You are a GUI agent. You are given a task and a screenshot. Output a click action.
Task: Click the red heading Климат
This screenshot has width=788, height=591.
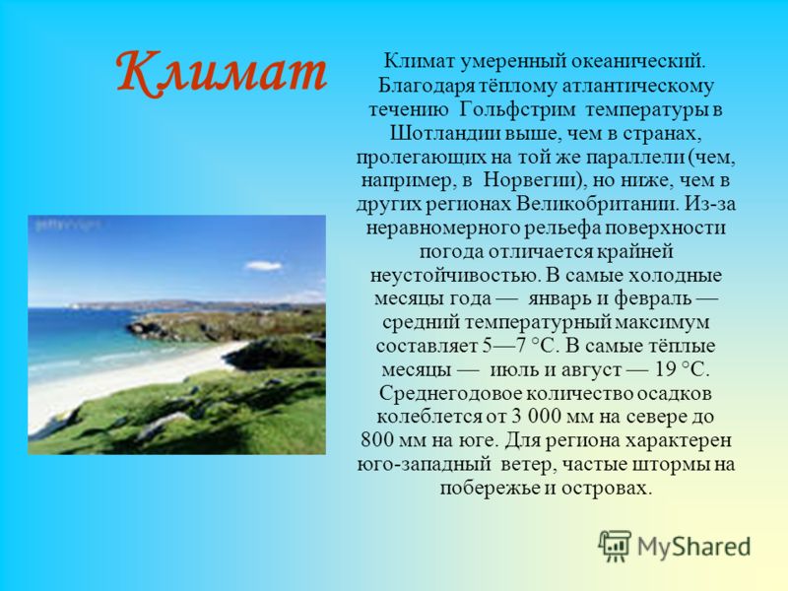click(222, 72)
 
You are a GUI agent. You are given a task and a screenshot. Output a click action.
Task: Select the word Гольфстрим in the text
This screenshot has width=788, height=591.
click(516, 109)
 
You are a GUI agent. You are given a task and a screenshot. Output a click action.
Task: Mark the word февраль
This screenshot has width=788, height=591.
click(652, 299)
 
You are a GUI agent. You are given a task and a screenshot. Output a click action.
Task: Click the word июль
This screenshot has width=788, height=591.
click(511, 370)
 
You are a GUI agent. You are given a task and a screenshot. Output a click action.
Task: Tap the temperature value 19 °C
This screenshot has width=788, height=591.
click(682, 370)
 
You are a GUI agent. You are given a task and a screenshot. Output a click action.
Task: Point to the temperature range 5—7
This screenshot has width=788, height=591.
click(504, 347)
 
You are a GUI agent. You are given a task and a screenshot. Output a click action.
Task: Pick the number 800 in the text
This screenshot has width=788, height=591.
click(377, 440)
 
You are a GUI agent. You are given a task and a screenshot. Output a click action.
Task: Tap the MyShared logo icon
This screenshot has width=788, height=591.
click(614, 546)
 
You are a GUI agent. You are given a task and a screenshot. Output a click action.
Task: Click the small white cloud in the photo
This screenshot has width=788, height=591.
click(263, 265)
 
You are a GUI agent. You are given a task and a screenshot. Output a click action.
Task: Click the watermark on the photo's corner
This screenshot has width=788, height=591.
click(67, 226)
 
